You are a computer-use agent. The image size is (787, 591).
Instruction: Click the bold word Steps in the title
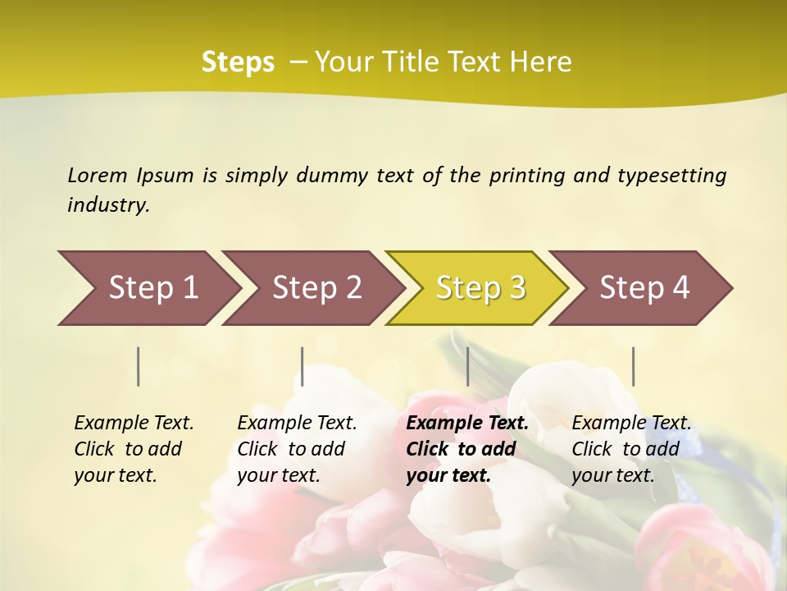point(238,62)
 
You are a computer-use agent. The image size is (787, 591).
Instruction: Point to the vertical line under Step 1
point(139,366)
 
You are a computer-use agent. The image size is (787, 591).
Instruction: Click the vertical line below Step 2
point(303,366)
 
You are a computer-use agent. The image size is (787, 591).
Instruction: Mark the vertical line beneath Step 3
point(467,366)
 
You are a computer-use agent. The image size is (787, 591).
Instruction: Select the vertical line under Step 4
point(633,366)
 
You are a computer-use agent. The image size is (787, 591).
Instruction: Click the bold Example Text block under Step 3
point(466,449)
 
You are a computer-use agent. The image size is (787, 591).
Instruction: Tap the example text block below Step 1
point(133,449)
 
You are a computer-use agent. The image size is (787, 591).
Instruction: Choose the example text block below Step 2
point(296,449)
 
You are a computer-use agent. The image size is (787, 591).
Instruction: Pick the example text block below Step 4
point(630,449)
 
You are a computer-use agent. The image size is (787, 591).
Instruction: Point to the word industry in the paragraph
point(108,205)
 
